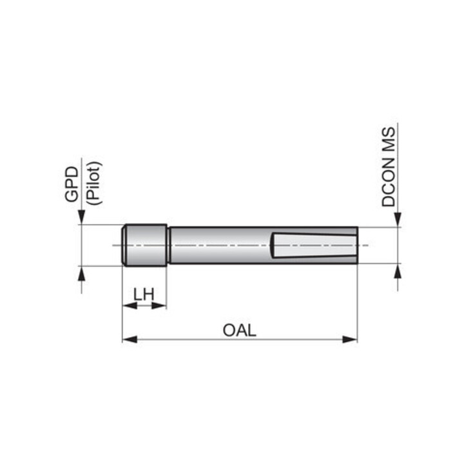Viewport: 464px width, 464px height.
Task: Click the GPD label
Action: (x=72, y=184)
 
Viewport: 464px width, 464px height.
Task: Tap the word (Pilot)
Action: (x=94, y=183)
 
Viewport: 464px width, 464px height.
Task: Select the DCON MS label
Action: (x=388, y=167)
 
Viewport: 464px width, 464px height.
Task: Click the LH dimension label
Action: (x=144, y=295)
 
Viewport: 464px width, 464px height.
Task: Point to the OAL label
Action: (x=239, y=330)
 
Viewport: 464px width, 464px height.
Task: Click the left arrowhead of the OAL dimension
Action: (x=130, y=340)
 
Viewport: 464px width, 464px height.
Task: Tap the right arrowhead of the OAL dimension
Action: (x=350, y=340)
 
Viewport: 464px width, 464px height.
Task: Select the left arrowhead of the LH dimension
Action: (x=130, y=306)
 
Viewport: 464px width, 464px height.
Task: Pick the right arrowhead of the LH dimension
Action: (x=159, y=306)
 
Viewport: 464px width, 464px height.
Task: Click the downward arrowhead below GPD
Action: (x=81, y=217)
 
